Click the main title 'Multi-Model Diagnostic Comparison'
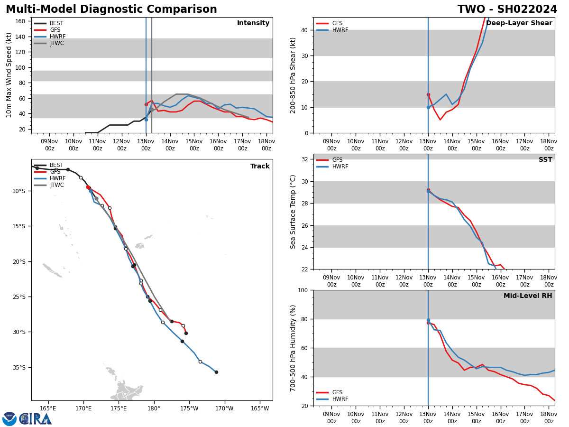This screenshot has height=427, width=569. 111,9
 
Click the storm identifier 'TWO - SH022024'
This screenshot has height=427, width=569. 507,9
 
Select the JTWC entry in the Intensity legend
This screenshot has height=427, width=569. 56,43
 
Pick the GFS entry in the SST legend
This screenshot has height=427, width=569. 337,160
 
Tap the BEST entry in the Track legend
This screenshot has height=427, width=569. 56,165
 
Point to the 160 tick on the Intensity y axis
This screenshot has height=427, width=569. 20,21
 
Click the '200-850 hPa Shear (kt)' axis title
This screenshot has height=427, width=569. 294,75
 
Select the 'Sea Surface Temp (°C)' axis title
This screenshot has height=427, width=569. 294,212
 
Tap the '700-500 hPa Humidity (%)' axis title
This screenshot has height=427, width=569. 294,348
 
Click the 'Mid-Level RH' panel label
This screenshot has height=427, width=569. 528,296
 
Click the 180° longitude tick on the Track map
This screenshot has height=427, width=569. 154,408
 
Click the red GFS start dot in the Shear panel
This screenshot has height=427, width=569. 428,94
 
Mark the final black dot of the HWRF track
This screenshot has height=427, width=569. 216,372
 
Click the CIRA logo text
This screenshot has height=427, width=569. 36,419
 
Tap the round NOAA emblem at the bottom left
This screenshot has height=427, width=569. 9,419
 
